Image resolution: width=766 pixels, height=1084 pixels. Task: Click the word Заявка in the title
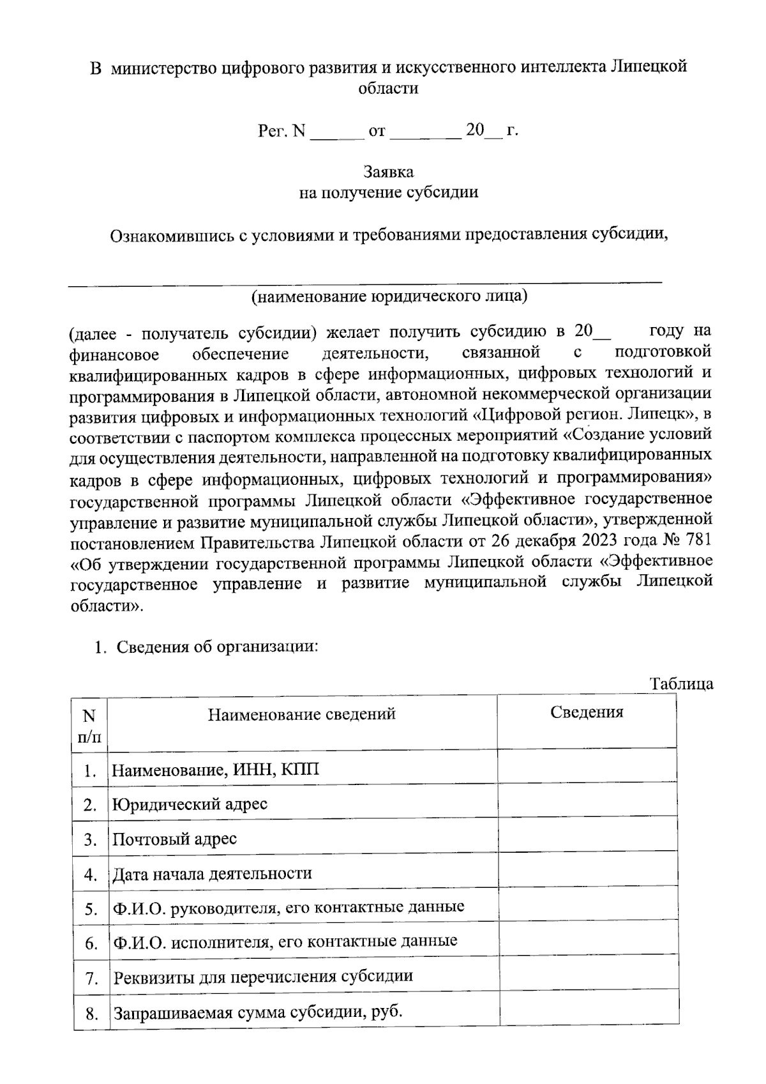388,172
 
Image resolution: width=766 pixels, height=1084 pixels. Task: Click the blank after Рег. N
336,132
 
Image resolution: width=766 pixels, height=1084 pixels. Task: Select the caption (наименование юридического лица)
389,296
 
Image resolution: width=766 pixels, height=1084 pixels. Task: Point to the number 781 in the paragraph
697,541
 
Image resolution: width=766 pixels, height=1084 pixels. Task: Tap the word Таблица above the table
681,684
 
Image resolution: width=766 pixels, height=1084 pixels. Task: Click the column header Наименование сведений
302,714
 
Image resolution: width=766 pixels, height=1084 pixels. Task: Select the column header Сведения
587,713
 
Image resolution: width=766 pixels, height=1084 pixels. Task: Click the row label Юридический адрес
190,804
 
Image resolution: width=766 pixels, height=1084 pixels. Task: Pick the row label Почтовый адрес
174,839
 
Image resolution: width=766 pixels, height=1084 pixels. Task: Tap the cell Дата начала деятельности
212,873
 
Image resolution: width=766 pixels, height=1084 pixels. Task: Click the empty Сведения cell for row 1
587,767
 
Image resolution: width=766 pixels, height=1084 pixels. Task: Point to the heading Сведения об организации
217,647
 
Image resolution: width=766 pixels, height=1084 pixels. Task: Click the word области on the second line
388,88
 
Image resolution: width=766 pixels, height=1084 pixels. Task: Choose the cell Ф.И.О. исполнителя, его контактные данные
285,942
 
